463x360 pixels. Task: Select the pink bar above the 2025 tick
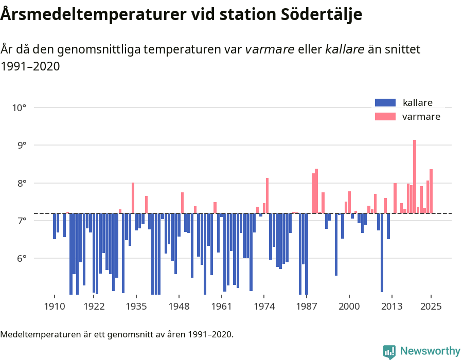point(431,191)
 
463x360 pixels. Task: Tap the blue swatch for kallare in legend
point(385,102)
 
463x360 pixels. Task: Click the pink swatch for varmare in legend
point(385,117)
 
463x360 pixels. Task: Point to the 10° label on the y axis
point(20,107)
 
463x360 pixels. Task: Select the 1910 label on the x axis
point(54,306)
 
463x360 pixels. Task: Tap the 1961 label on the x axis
point(221,306)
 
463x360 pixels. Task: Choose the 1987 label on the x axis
point(307,306)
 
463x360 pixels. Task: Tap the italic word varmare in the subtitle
point(270,49)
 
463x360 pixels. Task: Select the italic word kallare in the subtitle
point(345,49)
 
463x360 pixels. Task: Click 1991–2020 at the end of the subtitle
point(30,66)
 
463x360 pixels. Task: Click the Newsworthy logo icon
point(389,351)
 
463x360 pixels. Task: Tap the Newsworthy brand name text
point(430,351)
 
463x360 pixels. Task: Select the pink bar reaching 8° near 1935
point(133,198)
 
